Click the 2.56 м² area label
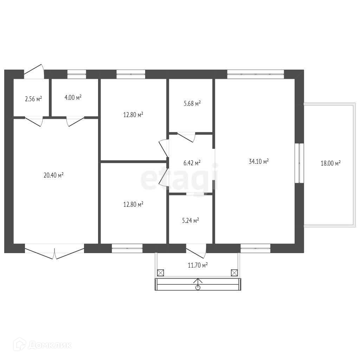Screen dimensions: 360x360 tap(33, 99)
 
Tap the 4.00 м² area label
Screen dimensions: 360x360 tap(73, 98)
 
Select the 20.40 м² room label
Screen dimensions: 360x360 tap(53, 175)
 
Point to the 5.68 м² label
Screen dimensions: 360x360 tap(192, 104)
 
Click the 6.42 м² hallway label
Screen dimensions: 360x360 tap(192, 163)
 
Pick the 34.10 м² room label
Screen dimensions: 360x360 tap(259, 161)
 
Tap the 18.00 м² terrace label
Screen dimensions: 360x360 tap(330, 163)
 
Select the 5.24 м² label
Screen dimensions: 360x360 tap(191, 221)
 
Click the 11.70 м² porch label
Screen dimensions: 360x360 tap(198, 265)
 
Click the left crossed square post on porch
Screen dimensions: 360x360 tap(160, 273)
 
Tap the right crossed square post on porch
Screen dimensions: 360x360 tap(234, 273)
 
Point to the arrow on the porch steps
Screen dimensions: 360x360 tap(198, 284)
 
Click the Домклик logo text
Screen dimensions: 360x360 tap(50, 345)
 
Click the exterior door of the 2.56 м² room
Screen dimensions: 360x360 tap(34, 71)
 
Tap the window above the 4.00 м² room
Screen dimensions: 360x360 tap(77, 74)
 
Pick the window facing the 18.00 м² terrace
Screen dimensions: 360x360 tap(300, 163)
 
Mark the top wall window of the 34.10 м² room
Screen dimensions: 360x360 tap(256, 74)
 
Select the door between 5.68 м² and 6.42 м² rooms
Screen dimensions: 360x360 tap(186, 137)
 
